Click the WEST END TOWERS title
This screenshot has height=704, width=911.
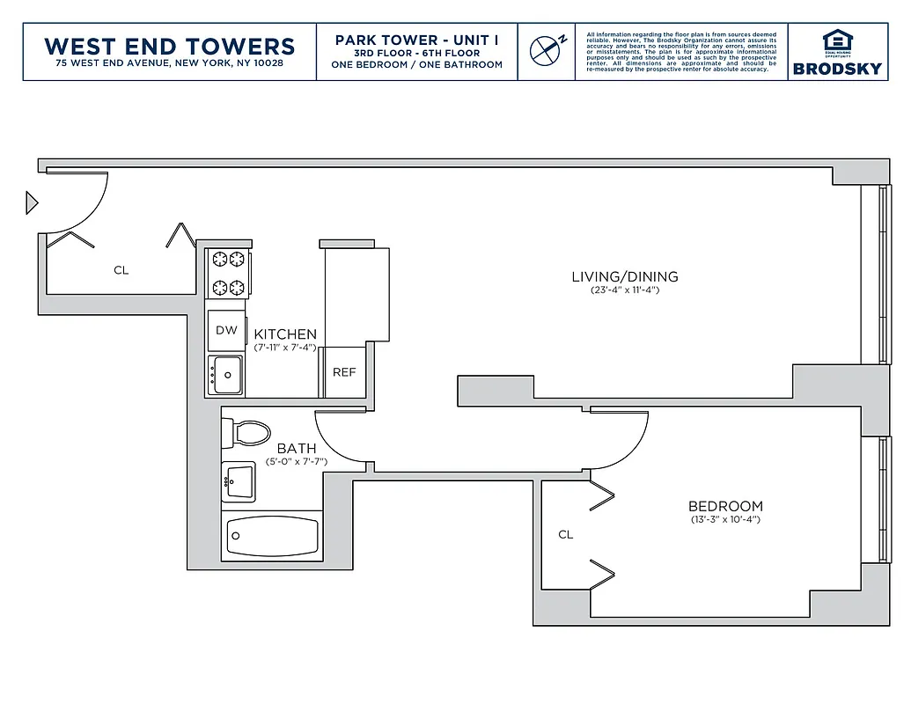(169, 46)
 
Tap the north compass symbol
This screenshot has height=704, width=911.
(546, 49)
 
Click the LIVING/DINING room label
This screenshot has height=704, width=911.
(625, 276)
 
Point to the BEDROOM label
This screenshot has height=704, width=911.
(725, 506)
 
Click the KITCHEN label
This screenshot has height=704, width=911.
(285, 334)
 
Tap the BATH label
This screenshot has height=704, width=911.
(297, 448)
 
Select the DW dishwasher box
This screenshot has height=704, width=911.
(226, 330)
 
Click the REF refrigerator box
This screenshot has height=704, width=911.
(344, 372)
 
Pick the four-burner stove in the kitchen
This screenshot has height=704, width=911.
(228, 273)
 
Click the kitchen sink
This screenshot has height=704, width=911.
(227, 376)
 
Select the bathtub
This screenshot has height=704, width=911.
(272, 534)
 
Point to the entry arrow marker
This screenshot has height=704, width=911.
(32, 203)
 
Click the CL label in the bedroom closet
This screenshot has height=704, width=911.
(566, 534)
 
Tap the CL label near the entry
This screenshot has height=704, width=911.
(121, 270)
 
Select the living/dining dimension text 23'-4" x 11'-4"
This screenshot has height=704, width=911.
(625, 290)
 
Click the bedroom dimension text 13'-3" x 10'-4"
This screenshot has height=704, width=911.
(725, 519)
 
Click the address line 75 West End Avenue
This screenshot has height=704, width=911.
(169, 63)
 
